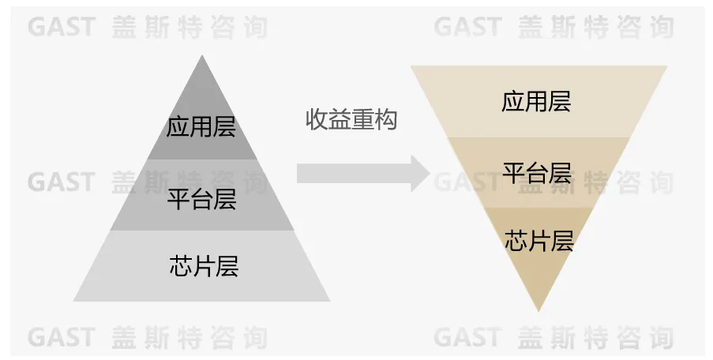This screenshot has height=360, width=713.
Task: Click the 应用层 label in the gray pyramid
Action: click(x=201, y=126)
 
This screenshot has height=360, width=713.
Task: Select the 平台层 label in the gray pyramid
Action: click(x=202, y=197)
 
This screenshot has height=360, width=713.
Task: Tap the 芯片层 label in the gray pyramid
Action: click(x=203, y=266)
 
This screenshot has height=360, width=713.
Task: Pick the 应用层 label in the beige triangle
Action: click(x=536, y=101)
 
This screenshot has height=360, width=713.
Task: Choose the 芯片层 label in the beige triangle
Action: click(x=539, y=240)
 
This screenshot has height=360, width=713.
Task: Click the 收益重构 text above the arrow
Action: click(x=351, y=120)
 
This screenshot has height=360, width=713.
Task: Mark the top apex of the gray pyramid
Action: click(x=202, y=55)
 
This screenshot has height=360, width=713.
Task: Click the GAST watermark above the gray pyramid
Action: click(x=61, y=27)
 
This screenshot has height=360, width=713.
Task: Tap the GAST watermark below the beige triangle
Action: click(x=467, y=338)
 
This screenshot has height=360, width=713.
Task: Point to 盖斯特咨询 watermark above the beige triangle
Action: click(x=596, y=27)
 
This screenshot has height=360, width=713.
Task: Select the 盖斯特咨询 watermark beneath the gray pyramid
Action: click(x=190, y=338)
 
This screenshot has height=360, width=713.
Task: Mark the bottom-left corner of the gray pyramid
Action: click(x=73, y=301)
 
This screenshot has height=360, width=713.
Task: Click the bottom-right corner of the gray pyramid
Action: click(x=330, y=301)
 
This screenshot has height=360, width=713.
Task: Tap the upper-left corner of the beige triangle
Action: click(x=411, y=66)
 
